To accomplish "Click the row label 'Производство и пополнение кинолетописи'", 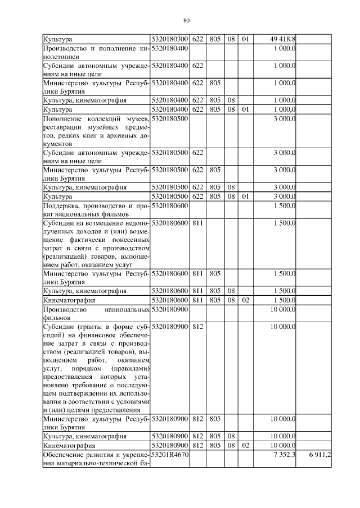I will [96, 52].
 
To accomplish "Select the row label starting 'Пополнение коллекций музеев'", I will [96, 131].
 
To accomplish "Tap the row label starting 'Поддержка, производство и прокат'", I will [96, 210].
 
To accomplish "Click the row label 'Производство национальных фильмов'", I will [96, 313].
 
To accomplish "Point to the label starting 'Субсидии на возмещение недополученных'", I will [96, 244].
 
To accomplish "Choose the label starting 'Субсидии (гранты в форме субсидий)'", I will [96, 368].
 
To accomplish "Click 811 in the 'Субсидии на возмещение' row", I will [197, 223].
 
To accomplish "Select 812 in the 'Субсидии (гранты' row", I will [197, 326].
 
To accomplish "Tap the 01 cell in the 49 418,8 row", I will [245, 39].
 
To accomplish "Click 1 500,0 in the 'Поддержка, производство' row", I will [285, 206].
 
